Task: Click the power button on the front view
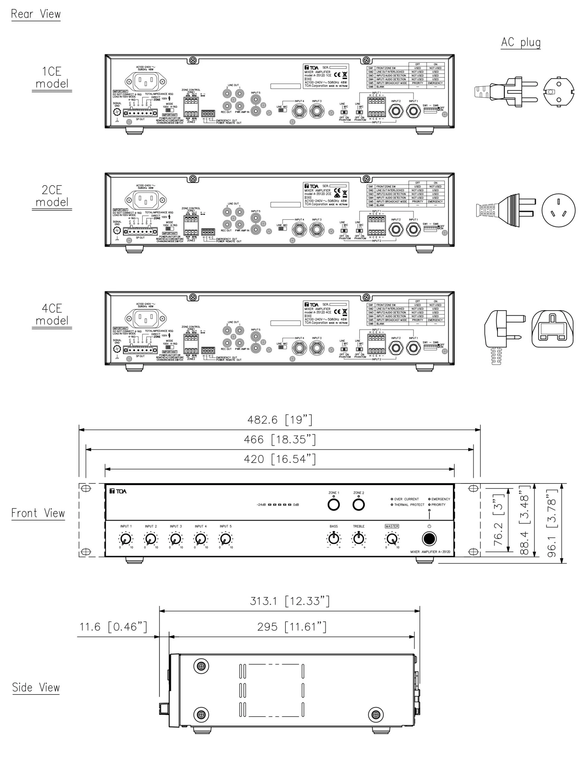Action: click(429, 539)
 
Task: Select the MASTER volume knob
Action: click(392, 539)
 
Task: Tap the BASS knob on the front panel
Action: click(334, 538)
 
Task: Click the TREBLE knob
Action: click(358, 538)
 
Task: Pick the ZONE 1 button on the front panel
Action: click(333, 505)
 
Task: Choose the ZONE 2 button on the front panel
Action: click(358, 505)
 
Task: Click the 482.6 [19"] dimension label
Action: click(280, 419)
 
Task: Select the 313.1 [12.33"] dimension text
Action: click(290, 601)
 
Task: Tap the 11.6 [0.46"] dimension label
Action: click(113, 627)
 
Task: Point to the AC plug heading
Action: click(521, 42)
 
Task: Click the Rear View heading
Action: click(36, 14)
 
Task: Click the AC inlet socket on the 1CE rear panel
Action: click(146, 81)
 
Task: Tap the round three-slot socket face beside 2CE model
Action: click(558, 210)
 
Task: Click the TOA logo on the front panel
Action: click(118, 491)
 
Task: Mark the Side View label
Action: click(36, 688)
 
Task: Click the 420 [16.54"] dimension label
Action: click(280, 459)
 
